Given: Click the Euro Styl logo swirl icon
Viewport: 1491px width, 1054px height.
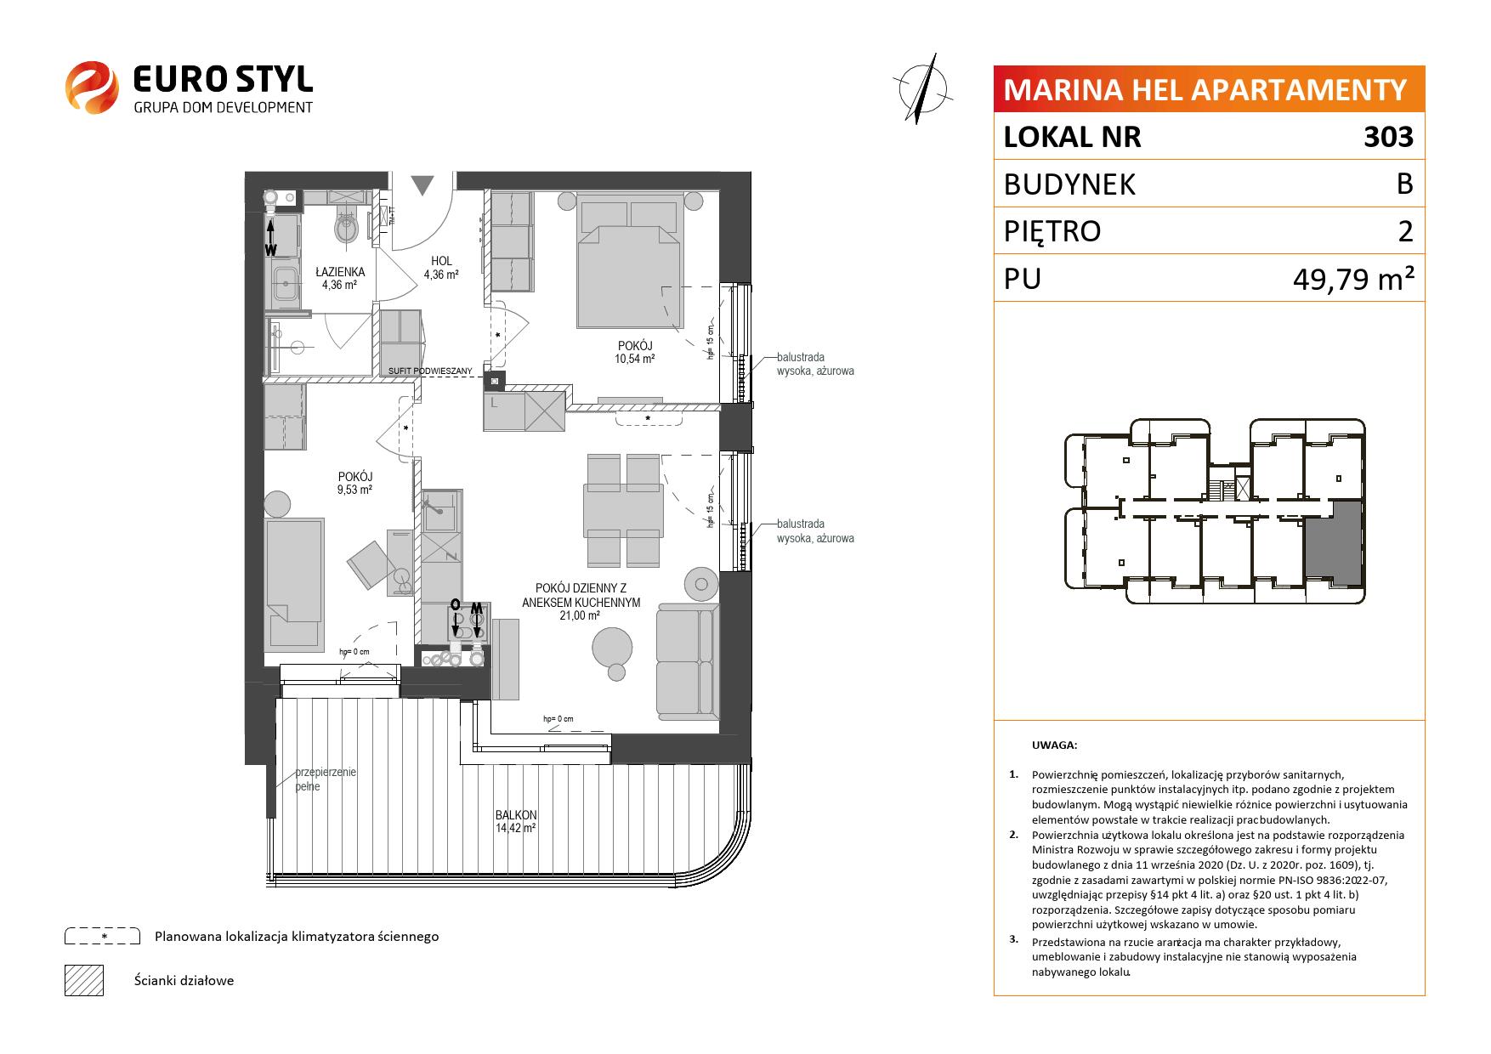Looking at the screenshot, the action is click(x=91, y=86).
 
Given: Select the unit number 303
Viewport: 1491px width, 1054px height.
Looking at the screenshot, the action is click(x=1388, y=137).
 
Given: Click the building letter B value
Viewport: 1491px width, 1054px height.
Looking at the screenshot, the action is click(x=1404, y=184).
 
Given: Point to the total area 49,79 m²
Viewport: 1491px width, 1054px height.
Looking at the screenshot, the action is click(x=1354, y=278).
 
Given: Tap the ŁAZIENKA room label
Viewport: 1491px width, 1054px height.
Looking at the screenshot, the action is click(x=339, y=272).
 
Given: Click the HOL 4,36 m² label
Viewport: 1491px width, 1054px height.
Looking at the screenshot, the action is click(x=441, y=268).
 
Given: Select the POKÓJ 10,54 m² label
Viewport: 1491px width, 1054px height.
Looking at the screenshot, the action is click(x=635, y=352).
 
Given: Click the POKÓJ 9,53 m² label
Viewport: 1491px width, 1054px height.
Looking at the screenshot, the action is click(x=354, y=483).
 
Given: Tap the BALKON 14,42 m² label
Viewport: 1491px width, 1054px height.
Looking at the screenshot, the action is click(x=516, y=821).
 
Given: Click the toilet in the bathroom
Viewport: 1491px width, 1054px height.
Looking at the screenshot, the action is click(x=347, y=223).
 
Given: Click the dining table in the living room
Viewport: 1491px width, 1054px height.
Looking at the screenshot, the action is click(x=623, y=510).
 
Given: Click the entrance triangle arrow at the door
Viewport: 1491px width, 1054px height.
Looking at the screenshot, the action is click(x=422, y=184).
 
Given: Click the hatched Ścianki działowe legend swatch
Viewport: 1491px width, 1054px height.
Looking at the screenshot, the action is click(x=84, y=980).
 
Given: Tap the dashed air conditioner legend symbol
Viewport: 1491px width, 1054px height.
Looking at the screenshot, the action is click(x=102, y=936).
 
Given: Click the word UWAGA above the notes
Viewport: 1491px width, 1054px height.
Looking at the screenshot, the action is click(x=1054, y=745).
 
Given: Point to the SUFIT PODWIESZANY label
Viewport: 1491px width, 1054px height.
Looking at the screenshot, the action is click(x=430, y=371).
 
